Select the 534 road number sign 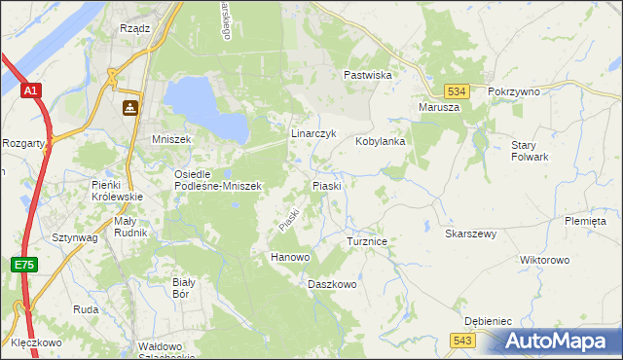(459, 90)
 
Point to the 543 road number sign (462, 339)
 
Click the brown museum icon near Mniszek (129, 108)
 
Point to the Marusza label (438, 107)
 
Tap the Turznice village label (368, 240)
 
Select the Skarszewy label (471, 234)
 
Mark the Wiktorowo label (544, 261)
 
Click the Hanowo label (289, 257)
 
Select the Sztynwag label (73, 236)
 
